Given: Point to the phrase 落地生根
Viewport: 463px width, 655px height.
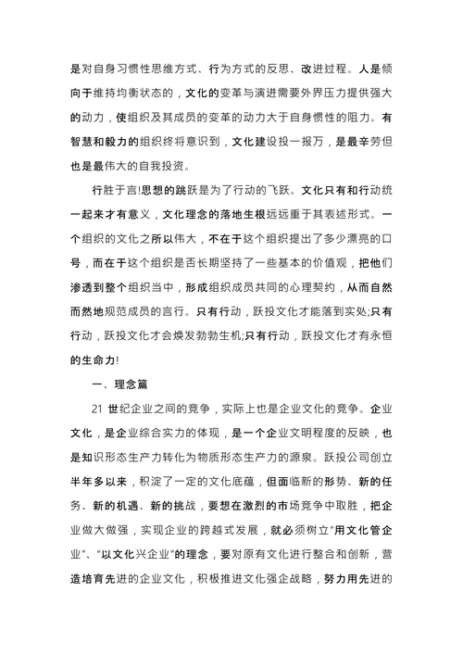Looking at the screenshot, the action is [x=235, y=216].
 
